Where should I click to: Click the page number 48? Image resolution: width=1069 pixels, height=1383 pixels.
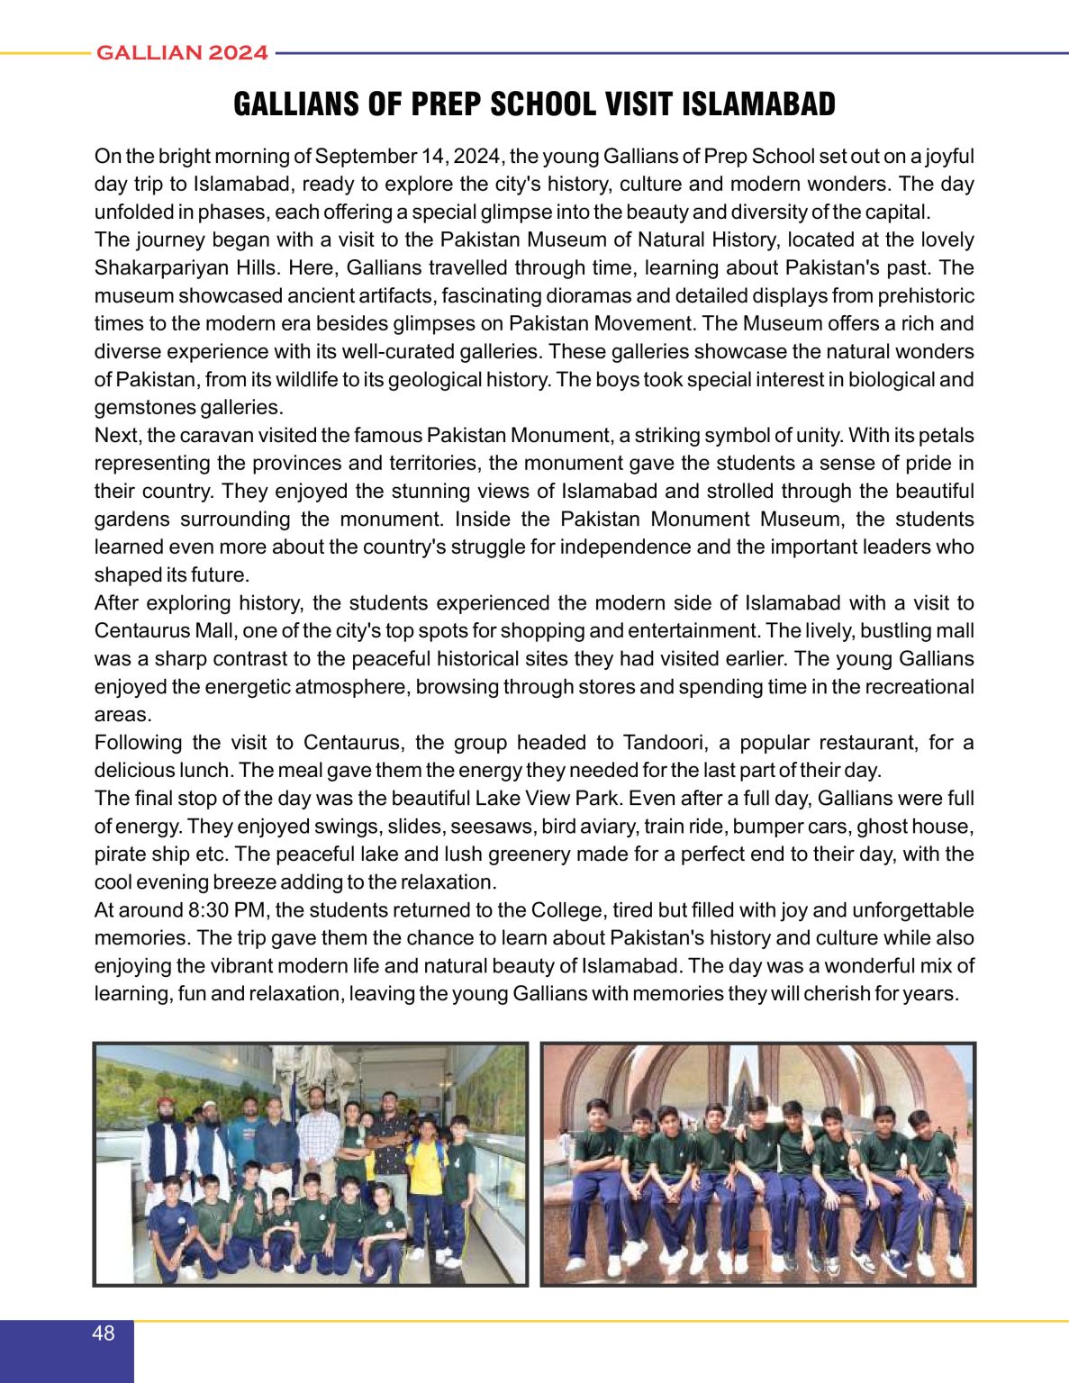[104, 1333]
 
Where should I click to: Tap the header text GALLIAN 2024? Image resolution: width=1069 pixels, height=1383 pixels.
[182, 53]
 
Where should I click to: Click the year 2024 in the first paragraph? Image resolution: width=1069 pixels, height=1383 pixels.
[477, 157]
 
